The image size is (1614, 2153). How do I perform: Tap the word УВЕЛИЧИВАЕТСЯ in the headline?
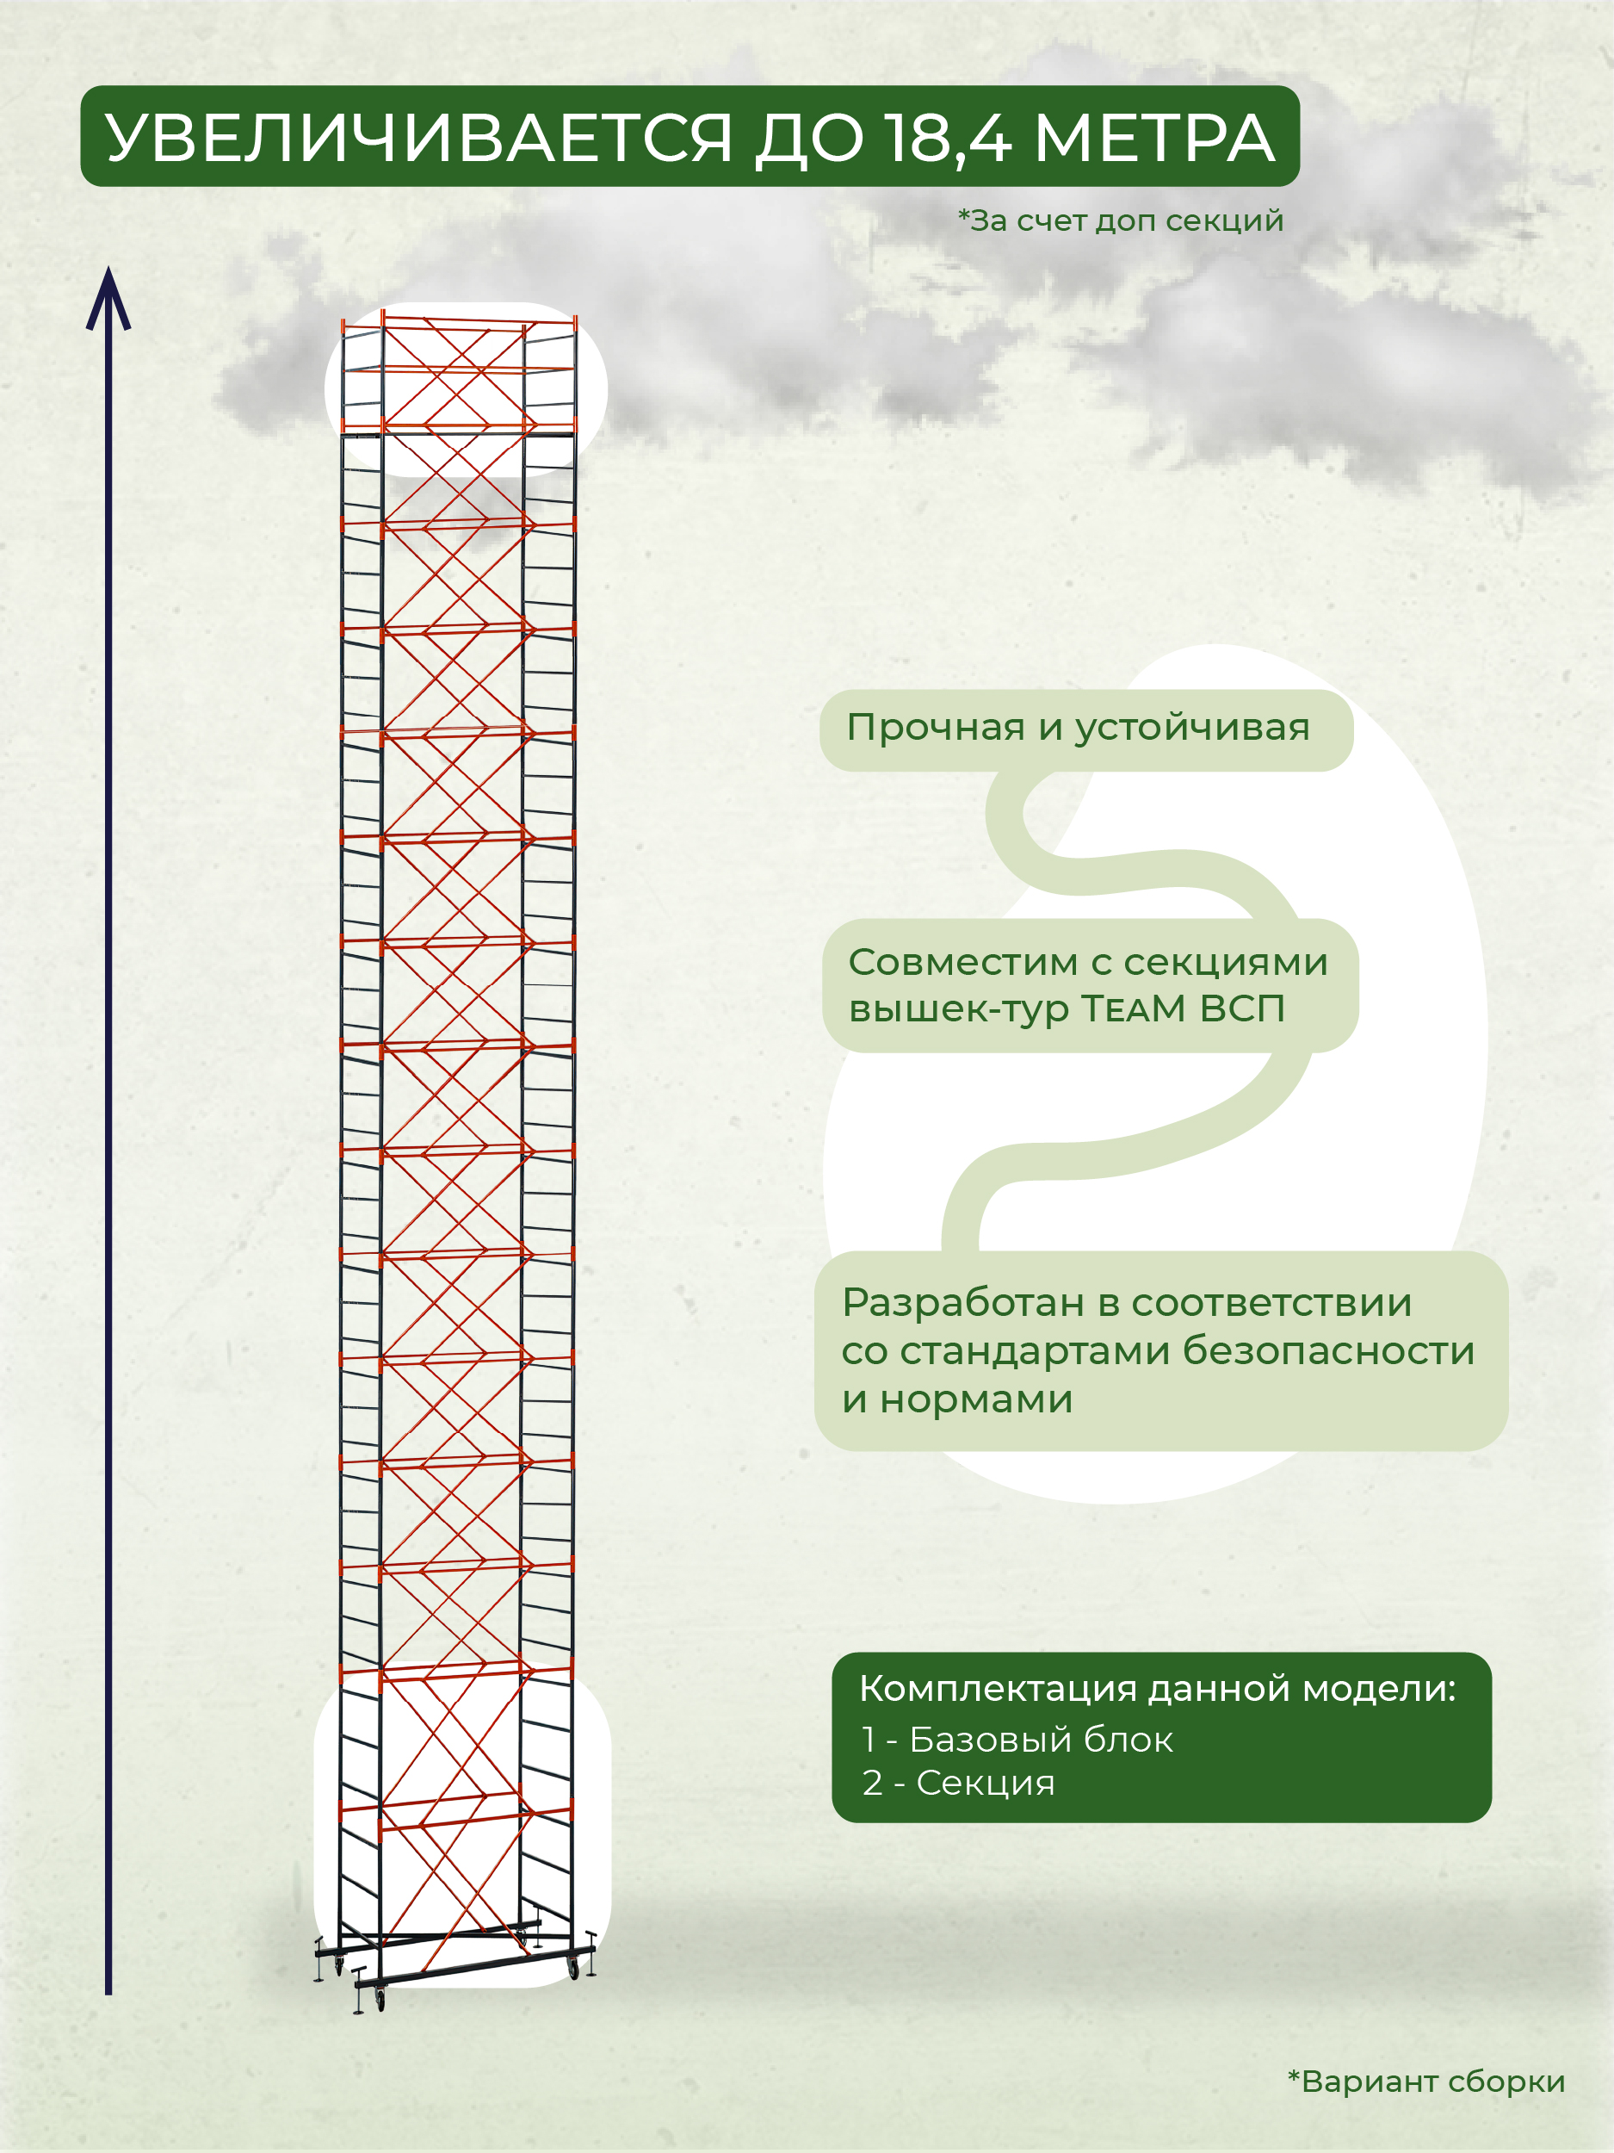(x=419, y=137)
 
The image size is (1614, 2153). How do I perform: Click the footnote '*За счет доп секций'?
(x=1121, y=221)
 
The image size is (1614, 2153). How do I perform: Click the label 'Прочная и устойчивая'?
(x=1078, y=727)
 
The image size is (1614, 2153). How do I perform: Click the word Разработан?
(x=962, y=1302)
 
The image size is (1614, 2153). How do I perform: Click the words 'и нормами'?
(x=957, y=1399)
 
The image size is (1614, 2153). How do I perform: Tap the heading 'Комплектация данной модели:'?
(x=1157, y=1689)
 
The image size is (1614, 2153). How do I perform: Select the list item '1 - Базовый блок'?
(x=1017, y=1740)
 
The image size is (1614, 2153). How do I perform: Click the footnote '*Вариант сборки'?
(x=1426, y=2081)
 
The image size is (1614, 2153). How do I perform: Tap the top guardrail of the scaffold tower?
(x=457, y=320)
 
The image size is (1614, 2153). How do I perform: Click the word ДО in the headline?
(x=808, y=137)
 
